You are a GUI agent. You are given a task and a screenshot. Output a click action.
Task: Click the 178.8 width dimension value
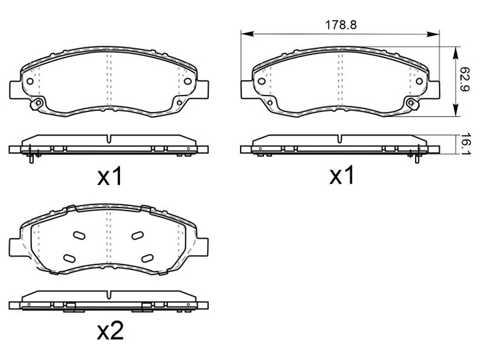click(340, 25)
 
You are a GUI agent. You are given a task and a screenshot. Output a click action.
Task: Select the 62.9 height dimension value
click(464, 80)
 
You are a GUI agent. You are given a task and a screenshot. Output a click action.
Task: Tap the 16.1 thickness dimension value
click(465, 144)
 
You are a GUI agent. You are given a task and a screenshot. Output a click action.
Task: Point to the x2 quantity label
click(110, 331)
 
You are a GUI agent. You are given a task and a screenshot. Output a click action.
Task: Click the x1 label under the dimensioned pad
click(341, 175)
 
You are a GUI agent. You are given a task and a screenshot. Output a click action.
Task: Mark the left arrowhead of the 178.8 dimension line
click(247, 34)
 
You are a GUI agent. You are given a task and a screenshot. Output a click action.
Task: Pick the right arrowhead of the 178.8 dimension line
click(433, 34)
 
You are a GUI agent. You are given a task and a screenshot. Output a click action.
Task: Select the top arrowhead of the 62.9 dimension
click(456, 53)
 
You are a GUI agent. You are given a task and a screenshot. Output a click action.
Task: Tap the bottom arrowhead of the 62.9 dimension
click(456, 110)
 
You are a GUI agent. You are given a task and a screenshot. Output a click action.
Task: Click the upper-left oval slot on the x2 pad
click(79, 235)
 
